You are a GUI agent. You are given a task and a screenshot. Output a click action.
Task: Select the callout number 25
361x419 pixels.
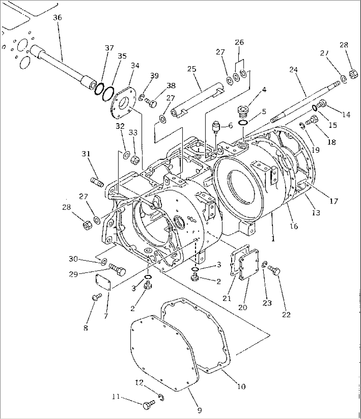point(191,69)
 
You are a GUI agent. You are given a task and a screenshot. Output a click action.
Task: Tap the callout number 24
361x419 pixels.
point(293,70)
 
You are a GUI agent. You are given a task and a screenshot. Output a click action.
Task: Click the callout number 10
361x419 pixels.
point(241,386)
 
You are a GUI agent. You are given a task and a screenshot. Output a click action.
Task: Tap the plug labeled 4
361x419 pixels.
point(243,112)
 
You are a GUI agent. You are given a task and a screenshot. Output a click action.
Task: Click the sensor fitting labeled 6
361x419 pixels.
point(216,127)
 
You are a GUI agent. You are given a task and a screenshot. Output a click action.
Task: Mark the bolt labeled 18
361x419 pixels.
point(312,120)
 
